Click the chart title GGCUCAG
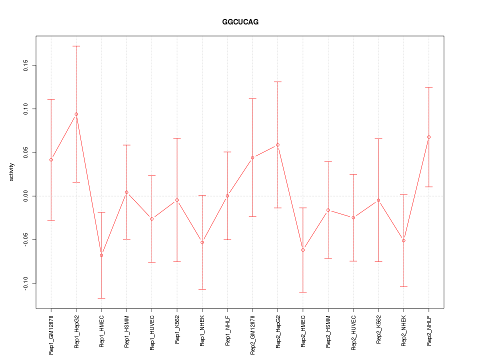point(240,22)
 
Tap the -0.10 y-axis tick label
point(24,283)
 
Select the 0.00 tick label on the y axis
point(24,196)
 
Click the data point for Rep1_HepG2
point(76,114)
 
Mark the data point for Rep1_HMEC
point(101,255)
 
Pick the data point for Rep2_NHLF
point(429,137)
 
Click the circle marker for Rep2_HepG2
point(278,145)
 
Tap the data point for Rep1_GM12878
point(51,159)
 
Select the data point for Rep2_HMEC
point(303,250)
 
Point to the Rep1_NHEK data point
point(202,242)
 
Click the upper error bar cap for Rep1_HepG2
point(76,46)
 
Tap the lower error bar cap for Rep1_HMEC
point(101,298)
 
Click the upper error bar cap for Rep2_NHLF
point(429,87)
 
